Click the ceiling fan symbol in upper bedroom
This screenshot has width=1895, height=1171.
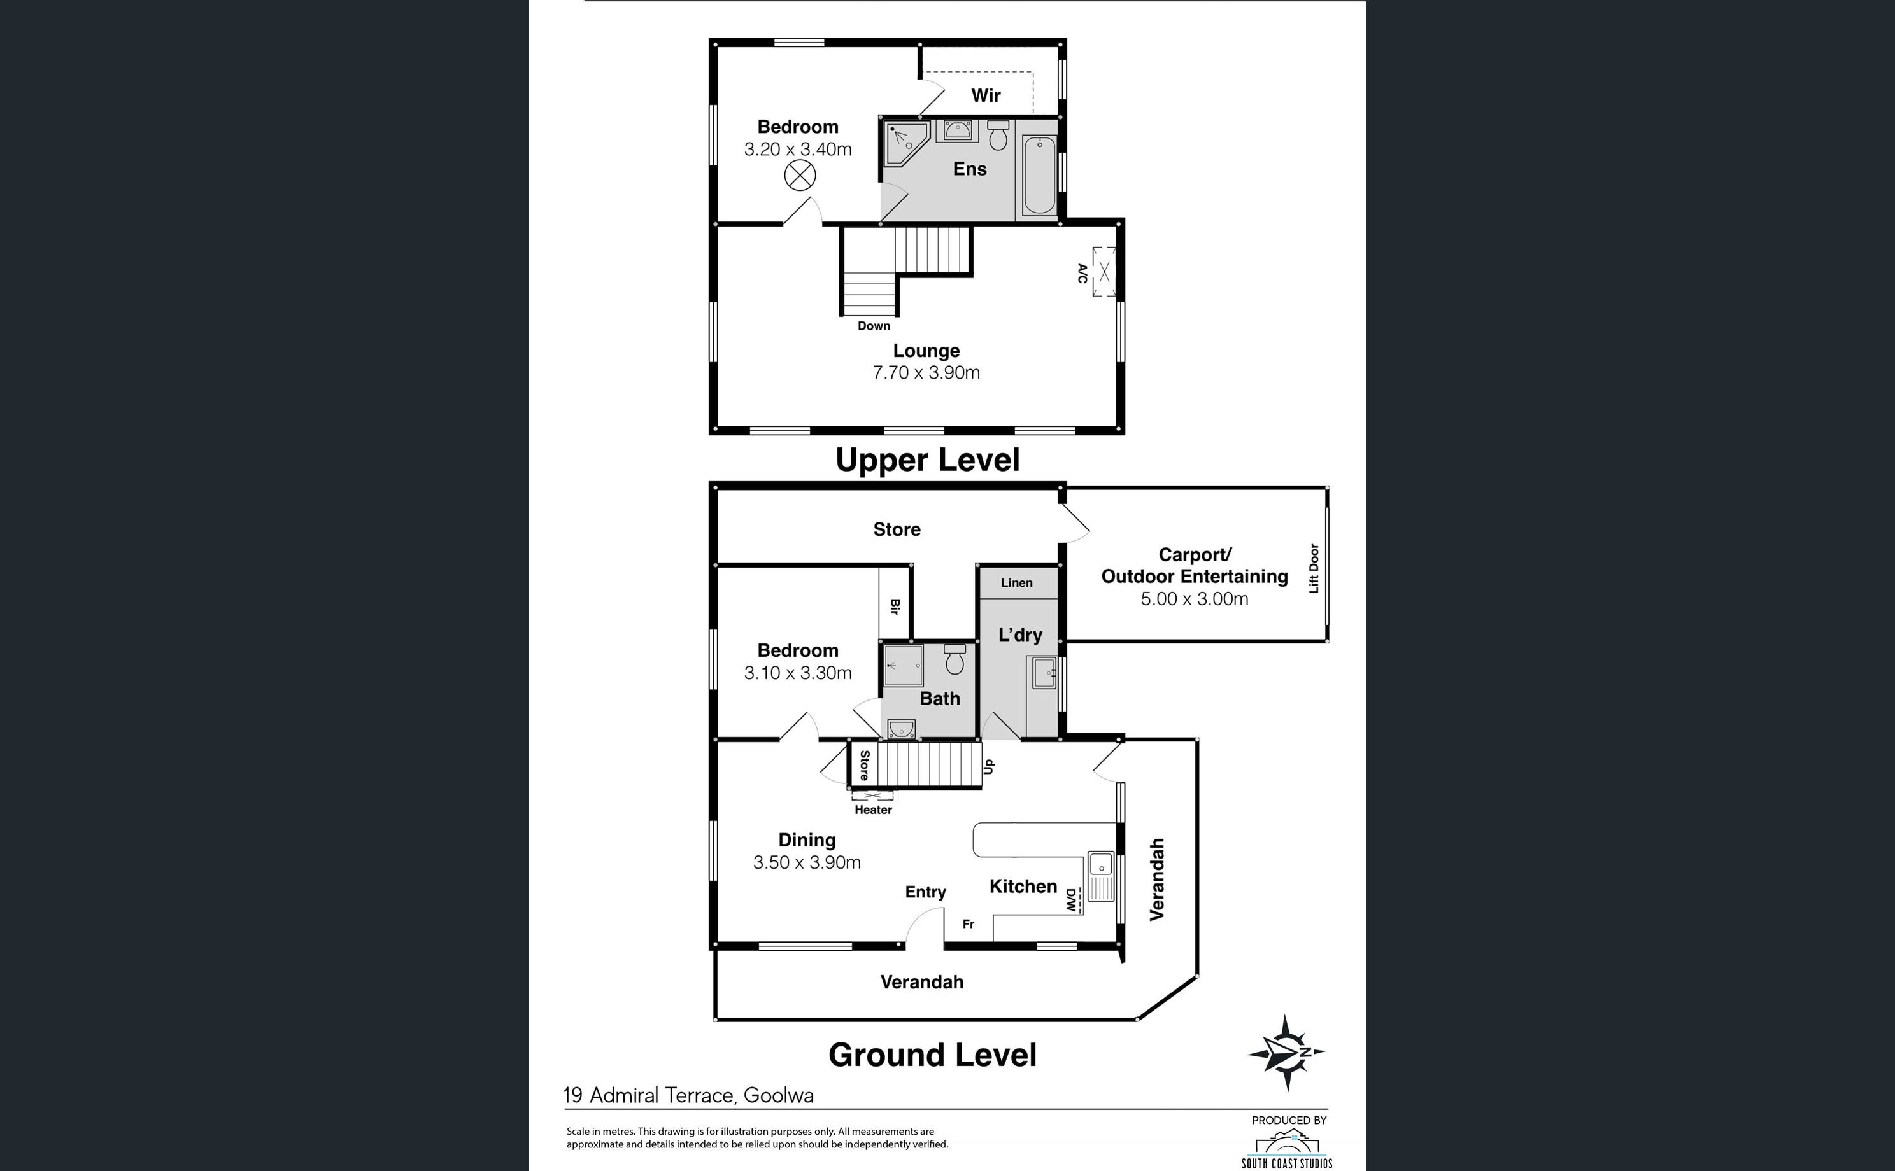(800, 176)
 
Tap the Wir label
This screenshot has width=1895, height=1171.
(986, 95)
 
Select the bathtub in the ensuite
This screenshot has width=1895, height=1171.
(1039, 176)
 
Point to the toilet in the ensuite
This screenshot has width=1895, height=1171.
(998, 136)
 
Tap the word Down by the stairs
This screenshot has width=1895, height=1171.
(874, 326)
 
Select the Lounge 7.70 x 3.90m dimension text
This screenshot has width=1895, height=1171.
(926, 372)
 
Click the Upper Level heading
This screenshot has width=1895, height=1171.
(927, 460)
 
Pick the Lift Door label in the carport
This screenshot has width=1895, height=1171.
(1313, 568)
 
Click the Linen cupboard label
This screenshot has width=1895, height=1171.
(1016, 582)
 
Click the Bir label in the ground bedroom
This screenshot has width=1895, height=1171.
(895, 607)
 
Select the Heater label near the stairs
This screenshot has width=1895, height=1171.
(873, 810)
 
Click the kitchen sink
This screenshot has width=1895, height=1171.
(1100, 875)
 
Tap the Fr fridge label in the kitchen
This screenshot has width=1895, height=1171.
(968, 924)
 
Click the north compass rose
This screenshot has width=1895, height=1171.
(1286, 1053)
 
